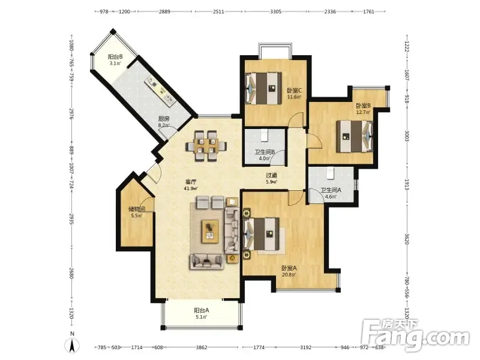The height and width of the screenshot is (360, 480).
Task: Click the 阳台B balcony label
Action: [x=115, y=57]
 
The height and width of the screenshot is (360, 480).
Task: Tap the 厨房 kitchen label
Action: [x=163, y=119]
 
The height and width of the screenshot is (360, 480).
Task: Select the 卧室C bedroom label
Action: [x=294, y=91]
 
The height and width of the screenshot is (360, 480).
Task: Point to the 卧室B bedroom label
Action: [x=363, y=106]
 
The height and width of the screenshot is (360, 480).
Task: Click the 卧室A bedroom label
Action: [x=289, y=268]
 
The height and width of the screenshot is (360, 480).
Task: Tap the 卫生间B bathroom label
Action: [x=265, y=152]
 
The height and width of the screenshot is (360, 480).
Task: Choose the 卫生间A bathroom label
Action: [x=331, y=190]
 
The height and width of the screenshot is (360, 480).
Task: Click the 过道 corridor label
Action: [x=271, y=175]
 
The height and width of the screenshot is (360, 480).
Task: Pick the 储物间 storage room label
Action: [x=137, y=209]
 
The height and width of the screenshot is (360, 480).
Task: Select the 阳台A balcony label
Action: [x=202, y=310]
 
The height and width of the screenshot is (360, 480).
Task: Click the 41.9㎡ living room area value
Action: [x=190, y=188]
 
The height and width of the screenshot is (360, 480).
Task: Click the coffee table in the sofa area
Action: [x=210, y=232]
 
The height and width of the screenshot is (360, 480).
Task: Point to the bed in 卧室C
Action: [x=263, y=88]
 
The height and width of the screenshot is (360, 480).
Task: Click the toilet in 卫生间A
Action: [x=329, y=173]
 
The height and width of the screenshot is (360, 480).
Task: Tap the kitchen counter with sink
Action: [x=160, y=91]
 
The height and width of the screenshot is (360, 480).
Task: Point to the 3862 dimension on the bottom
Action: [x=202, y=347]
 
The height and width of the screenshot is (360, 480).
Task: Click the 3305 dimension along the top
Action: [x=275, y=11]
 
